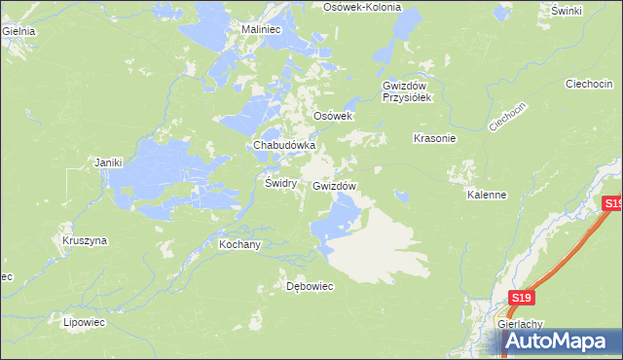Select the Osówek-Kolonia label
point(361,6)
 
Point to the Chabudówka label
point(284,145)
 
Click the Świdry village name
point(280,182)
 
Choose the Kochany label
point(239,245)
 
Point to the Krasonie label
point(435,138)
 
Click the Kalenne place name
point(487,195)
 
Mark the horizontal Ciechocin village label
point(588,84)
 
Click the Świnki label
point(566,10)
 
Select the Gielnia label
point(18,31)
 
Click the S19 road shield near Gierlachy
point(523,299)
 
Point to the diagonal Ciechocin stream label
point(507,117)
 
